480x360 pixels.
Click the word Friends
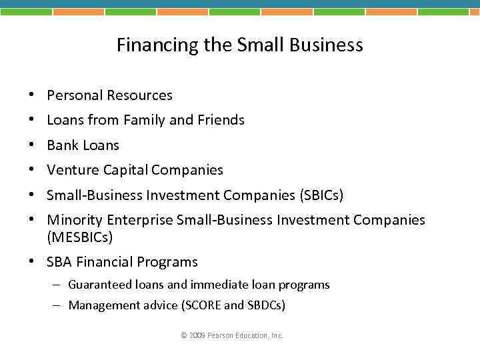point(221,120)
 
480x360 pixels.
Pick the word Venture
point(73,170)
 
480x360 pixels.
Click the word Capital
point(125,170)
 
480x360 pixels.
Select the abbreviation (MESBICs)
point(80,237)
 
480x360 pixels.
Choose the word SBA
point(59,262)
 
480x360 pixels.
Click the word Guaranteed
point(99,285)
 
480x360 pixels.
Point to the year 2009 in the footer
point(197,335)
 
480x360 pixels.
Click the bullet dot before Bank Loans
point(33,145)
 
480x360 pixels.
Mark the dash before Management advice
point(58,305)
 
